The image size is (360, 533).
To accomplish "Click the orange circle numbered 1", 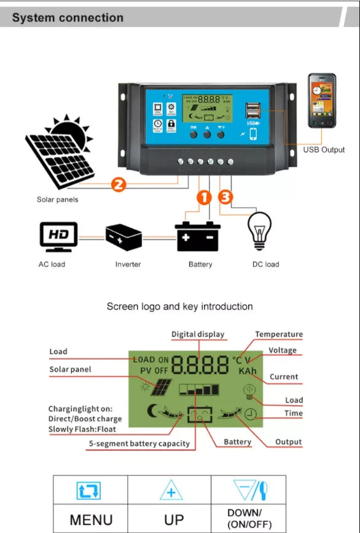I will click(x=204, y=198).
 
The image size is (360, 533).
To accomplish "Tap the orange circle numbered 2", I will click(x=120, y=184).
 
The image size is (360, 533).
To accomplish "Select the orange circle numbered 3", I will click(x=225, y=198).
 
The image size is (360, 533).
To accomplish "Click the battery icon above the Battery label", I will click(x=198, y=236).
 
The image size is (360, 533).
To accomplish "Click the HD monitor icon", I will click(x=58, y=236).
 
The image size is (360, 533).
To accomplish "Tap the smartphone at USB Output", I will click(x=322, y=101).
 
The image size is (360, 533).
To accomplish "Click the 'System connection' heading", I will click(x=68, y=18).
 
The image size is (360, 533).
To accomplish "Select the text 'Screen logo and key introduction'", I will click(x=179, y=306).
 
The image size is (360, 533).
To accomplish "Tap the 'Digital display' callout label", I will click(x=198, y=335).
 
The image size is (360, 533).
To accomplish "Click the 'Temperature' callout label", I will click(x=279, y=335).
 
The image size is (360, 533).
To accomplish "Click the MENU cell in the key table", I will click(x=91, y=519).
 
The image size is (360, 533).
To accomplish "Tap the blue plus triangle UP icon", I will click(x=171, y=491).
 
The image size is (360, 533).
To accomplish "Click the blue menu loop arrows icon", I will click(x=89, y=491).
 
